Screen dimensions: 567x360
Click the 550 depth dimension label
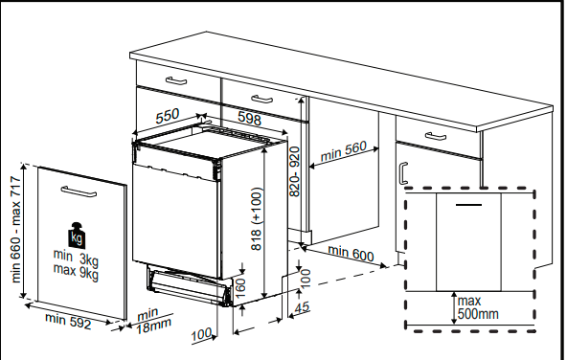(168, 116)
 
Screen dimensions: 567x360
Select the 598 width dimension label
(250, 118)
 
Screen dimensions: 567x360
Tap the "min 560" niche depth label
(344, 150)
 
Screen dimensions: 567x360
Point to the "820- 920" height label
(295, 171)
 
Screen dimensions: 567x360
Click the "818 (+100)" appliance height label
(256, 218)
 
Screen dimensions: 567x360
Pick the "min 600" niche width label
(351, 254)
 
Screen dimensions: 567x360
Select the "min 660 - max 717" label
(16, 229)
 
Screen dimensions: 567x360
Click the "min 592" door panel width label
(68, 321)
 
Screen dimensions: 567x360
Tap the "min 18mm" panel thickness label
(152, 321)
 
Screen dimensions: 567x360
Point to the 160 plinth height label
(240, 287)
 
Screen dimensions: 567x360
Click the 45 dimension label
(302, 307)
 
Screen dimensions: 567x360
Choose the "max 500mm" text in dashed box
(478, 307)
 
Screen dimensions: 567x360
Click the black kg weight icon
(77, 236)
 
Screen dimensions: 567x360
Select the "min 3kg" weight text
(76, 258)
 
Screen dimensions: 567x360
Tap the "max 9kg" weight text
(76, 272)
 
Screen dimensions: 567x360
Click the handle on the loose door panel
(79, 191)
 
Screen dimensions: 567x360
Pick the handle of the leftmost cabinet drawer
(176, 80)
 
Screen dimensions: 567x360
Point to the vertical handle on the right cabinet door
(403, 173)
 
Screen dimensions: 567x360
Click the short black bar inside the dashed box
(468, 205)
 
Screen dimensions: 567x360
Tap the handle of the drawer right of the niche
(436, 136)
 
